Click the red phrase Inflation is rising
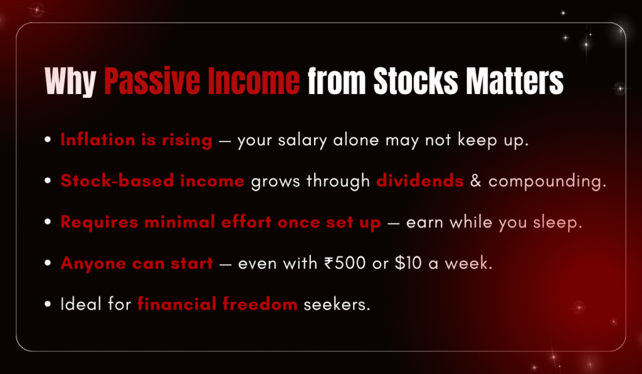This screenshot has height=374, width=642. tap(136, 140)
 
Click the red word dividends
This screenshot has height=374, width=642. tap(420, 182)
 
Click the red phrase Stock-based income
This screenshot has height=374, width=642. tap(152, 182)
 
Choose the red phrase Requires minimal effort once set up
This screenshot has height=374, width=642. tap(221, 223)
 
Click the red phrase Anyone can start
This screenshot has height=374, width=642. tap(137, 264)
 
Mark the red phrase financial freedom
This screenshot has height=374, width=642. tap(217, 305)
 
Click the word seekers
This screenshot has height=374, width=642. tap(337, 305)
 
